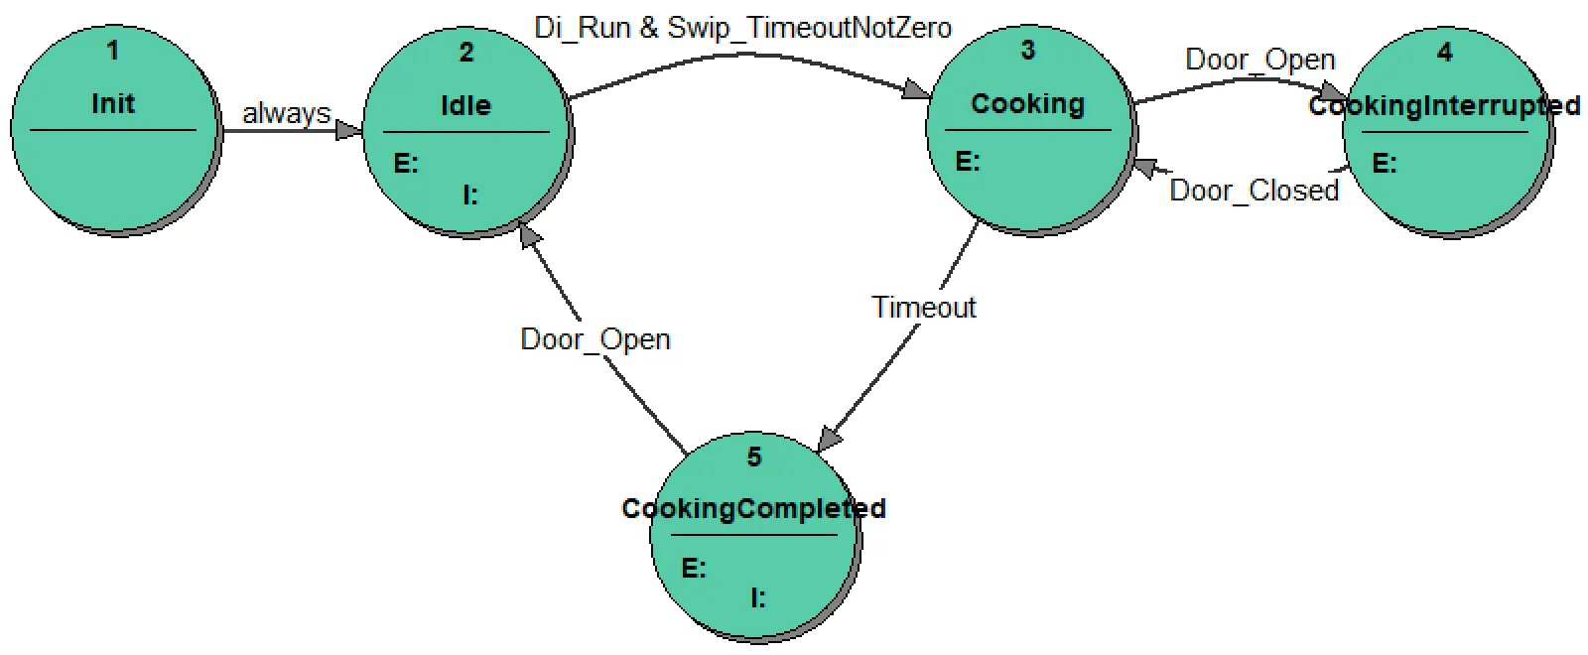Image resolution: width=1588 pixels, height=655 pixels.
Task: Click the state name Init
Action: [113, 103]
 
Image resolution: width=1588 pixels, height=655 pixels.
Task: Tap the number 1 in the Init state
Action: [112, 51]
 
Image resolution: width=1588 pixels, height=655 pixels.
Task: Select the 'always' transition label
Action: [286, 113]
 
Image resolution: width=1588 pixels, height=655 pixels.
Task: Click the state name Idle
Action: [465, 105]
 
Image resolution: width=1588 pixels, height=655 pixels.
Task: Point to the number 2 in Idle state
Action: [466, 53]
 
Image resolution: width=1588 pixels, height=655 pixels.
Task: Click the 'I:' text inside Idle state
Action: [470, 196]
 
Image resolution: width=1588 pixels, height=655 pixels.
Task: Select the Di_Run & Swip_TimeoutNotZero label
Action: [742, 28]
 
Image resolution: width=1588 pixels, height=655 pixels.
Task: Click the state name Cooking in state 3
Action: [1027, 103]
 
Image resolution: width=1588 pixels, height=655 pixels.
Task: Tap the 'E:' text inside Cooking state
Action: [968, 161]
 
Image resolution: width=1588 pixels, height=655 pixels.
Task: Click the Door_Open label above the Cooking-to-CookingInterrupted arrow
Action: [1259, 60]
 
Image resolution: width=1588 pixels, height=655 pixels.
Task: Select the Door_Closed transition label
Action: [1254, 191]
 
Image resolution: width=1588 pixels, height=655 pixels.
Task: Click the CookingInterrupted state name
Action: [1444, 105]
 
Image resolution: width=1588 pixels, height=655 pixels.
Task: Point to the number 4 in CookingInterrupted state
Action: [1445, 53]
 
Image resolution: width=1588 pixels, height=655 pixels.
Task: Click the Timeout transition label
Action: [923, 308]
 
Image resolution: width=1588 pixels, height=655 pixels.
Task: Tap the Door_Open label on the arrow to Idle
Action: [595, 339]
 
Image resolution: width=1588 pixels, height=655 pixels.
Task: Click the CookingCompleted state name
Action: [753, 508]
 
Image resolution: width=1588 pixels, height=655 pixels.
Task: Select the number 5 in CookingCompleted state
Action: [754, 457]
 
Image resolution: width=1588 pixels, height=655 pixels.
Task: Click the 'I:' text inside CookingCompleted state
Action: [758, 597]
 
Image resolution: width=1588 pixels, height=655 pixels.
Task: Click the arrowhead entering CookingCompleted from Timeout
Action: [830, 438]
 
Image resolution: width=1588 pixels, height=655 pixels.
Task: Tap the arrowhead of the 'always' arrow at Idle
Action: [350, 130]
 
